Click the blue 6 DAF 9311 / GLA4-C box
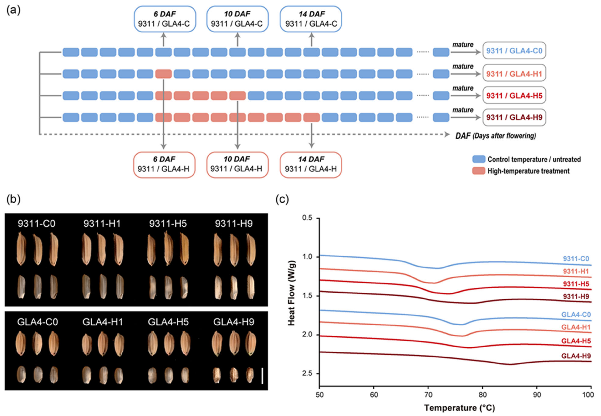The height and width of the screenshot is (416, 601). coord(164,19)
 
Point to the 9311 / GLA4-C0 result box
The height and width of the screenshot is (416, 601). coord(514,51)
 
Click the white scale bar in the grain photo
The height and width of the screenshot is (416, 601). coord(262,376)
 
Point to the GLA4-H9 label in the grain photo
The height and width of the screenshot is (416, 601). coord(234,322)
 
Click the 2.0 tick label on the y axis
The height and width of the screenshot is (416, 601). coord(307,335)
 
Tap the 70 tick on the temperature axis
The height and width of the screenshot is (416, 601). coord(428,395)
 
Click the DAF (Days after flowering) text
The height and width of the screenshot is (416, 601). coord(495,136)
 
